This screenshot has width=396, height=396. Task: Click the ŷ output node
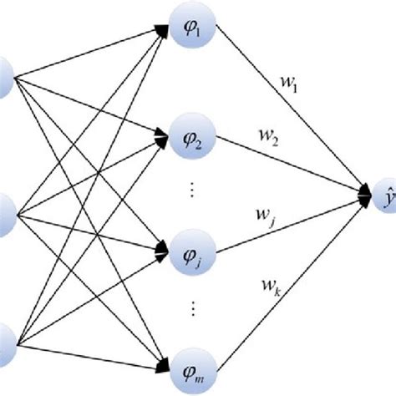point(386,196)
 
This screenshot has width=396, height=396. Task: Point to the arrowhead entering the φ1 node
point(160,32)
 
